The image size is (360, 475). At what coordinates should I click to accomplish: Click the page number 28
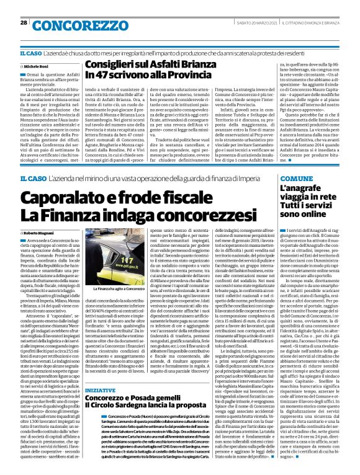click(23, 22)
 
